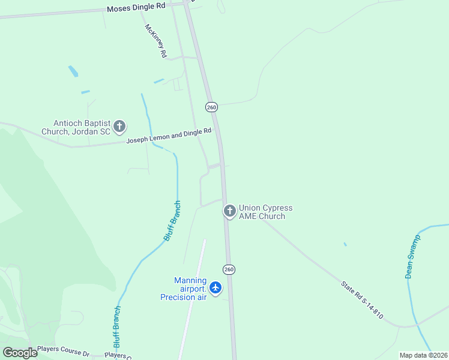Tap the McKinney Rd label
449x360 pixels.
(x=155, y=41)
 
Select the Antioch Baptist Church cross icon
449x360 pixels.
(x=119, y=127)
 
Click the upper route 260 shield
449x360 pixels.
(x=211, y=107)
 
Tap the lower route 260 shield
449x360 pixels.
(x=229, y=269)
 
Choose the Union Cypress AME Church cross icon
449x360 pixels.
(x=229, y=211)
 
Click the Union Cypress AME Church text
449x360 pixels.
(x=265, y=212)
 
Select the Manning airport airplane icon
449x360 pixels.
(x=215, y=289)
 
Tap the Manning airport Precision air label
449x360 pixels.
(x=183, y=289)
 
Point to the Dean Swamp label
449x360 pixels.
(x=413, y=256)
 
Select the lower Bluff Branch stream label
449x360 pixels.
(x=117, y=327)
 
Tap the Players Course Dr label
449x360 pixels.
(x=63, y=349)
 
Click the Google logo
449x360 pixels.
(x=19, y=353)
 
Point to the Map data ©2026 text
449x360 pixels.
(x=423, y=355)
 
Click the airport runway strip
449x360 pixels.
(x=193, y=300)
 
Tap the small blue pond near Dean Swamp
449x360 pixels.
(x=345, y=244)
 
